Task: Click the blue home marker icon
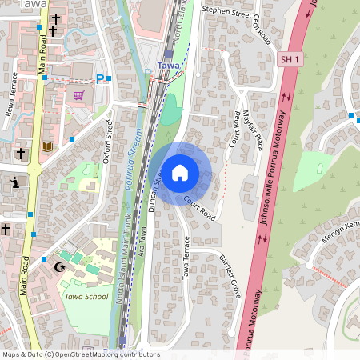tap(180, 173)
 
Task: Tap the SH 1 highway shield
tap(290, 60)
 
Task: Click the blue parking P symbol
tap(101, 78)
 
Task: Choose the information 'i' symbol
tap(16, 182)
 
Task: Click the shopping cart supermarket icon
tap(78, 95)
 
